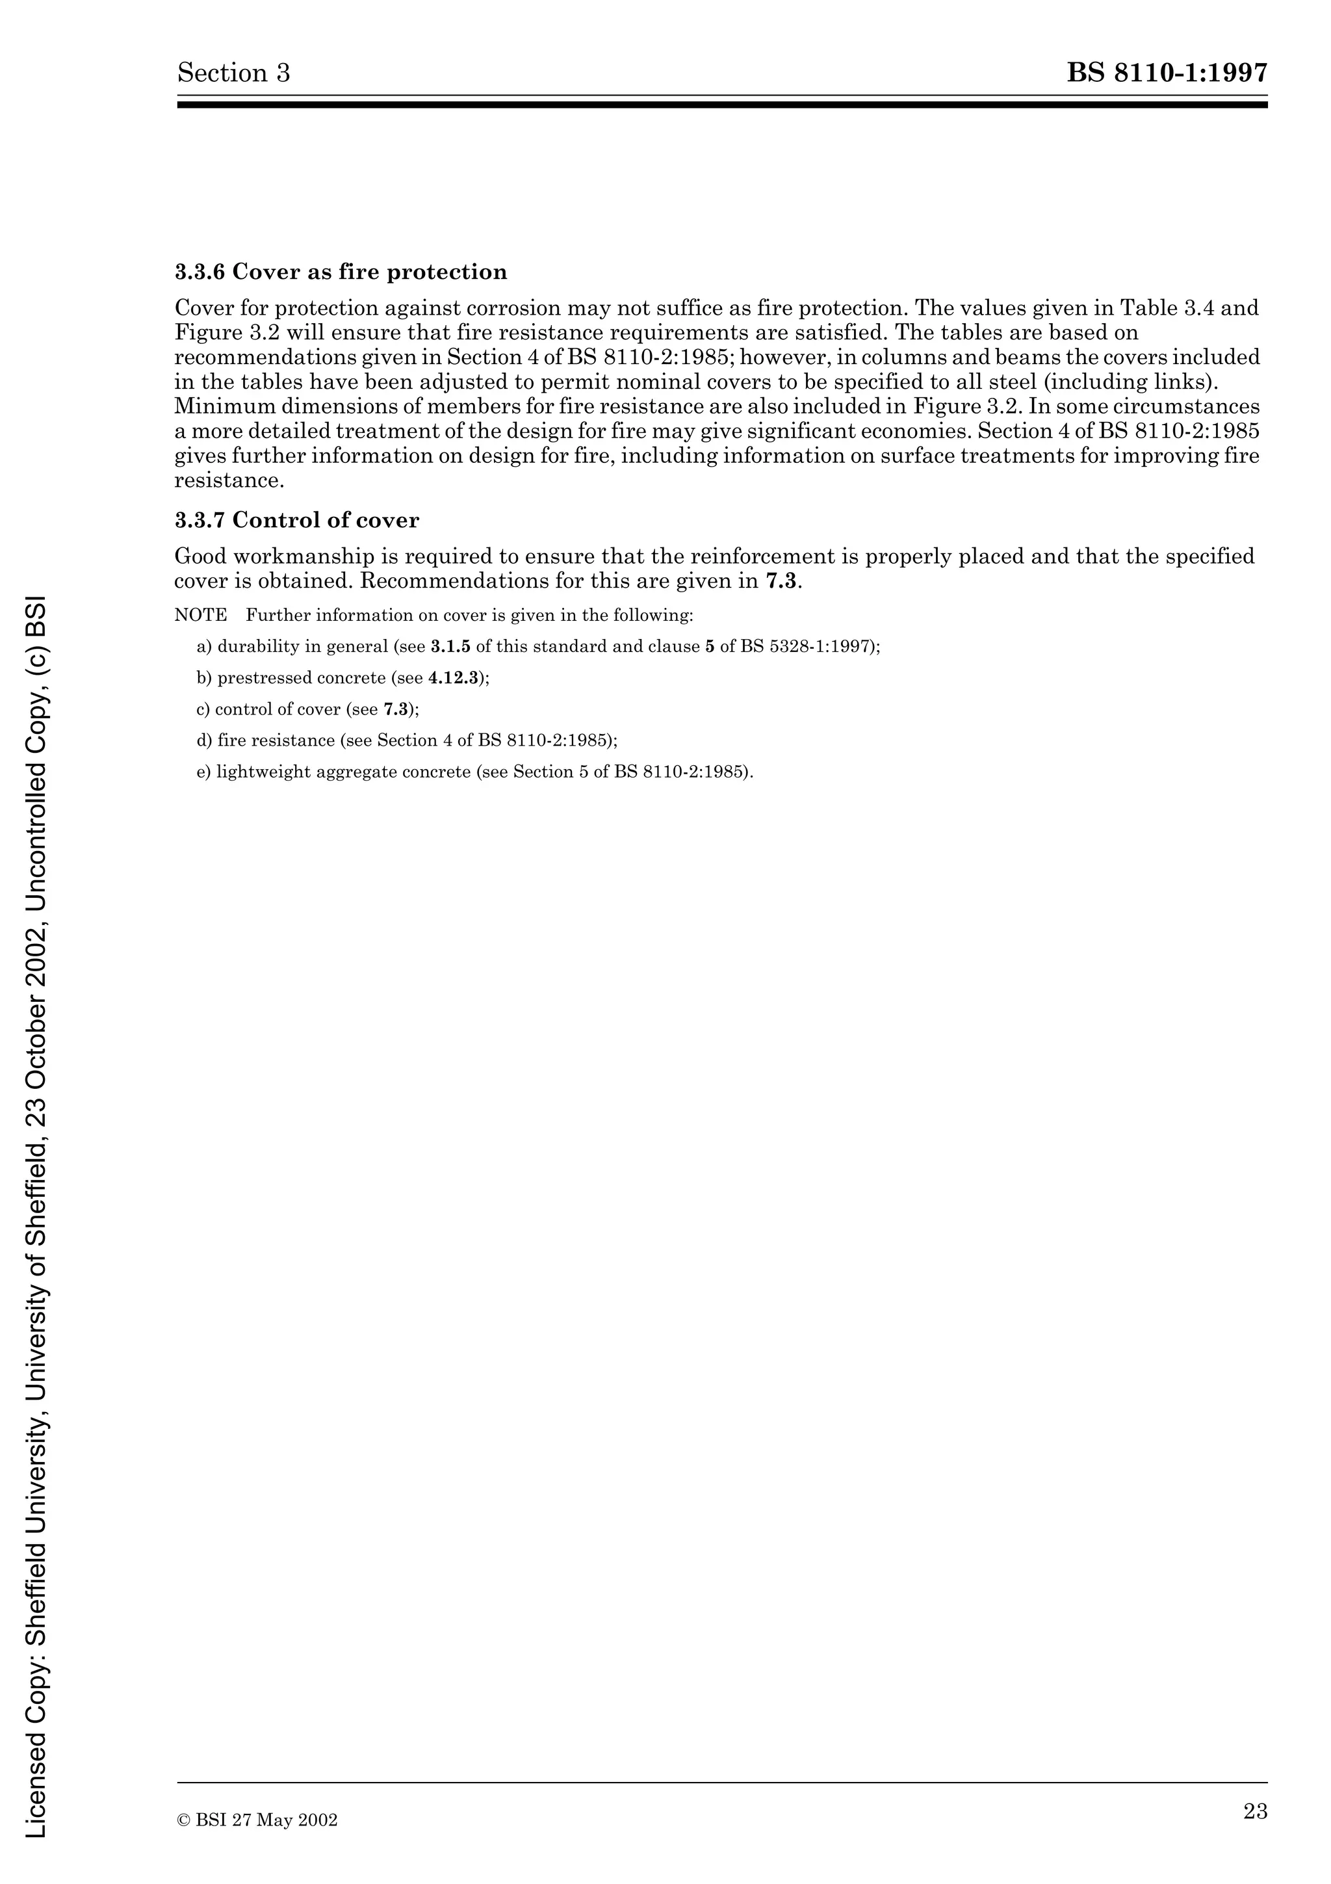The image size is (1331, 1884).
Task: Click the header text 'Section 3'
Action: (x=234, y=74)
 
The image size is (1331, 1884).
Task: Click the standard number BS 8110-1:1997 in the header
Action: (x=1167, y=74)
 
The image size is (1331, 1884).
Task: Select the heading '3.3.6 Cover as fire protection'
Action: (x=341, y=272)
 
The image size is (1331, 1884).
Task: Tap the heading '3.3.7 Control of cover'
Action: (x=297, y=520)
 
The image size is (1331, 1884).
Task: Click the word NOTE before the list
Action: (x=200, y=616)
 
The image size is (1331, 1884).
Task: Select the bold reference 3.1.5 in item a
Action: (x=450, y=647)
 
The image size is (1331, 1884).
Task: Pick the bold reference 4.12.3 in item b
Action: (x=453, y=678)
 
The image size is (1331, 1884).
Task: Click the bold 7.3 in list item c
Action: (x=395, y=709)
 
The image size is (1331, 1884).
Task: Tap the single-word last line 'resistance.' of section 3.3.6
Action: (x=229, y=481)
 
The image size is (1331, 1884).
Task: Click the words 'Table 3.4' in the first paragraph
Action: (x=1168, y=309)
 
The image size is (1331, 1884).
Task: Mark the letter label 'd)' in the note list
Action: (x=204, y=741)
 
